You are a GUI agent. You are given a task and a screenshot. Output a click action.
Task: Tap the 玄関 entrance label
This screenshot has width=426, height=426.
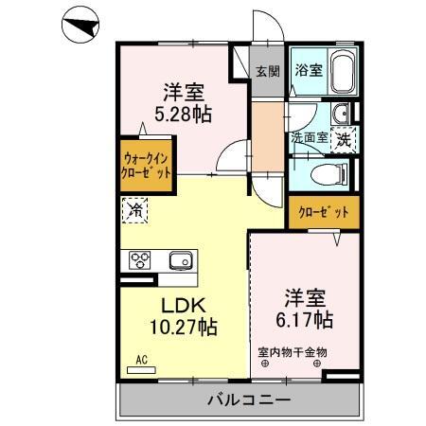268,70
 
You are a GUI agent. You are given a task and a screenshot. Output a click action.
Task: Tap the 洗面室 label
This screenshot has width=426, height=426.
310,138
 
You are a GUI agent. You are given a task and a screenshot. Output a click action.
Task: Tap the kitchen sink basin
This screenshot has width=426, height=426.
180,259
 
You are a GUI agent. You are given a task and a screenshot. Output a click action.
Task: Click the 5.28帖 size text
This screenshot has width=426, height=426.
184,114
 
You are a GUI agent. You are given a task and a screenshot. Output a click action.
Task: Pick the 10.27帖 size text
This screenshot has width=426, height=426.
184,328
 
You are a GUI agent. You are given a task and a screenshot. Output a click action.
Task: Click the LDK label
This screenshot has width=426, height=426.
184,305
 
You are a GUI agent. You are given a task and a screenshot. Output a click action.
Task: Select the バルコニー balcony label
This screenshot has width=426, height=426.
248,400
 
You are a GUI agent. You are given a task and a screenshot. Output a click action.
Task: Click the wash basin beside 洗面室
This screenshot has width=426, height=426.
342,115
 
